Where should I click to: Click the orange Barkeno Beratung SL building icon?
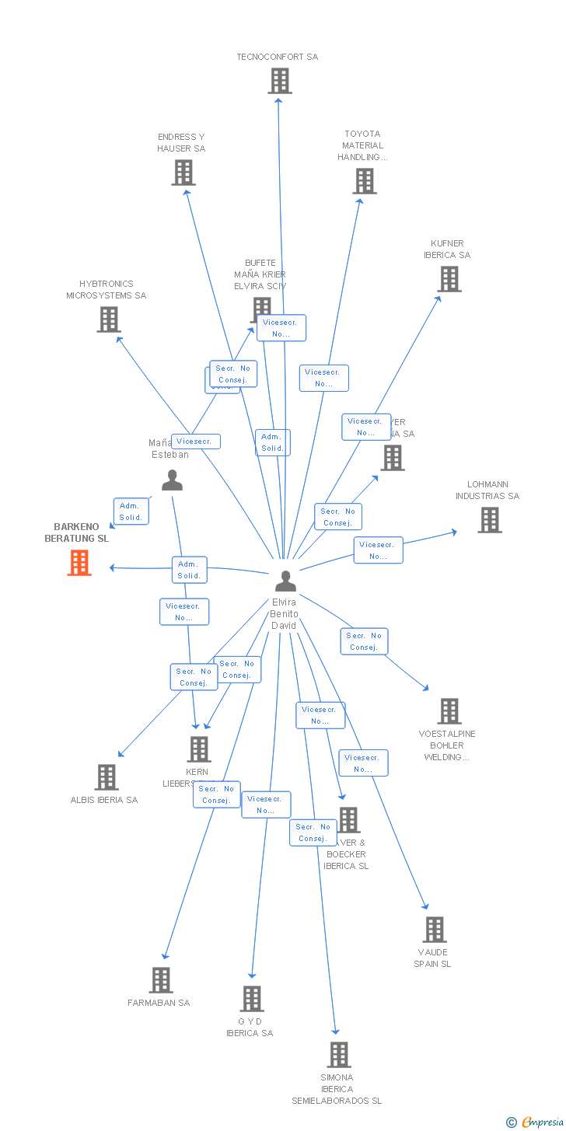pyautogui.click(x=79, y=563)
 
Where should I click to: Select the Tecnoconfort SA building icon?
pyautogui.click(x=280, y=81)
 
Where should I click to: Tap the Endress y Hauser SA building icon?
pyautogui.click(x=183, y=173)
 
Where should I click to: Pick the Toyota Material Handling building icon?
pyautogui.click(x=365, y=181)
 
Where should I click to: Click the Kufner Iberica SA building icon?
pyautogui.click(x=449, y=279)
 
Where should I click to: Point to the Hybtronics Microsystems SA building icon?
pyautogui.click(x=109, y=319)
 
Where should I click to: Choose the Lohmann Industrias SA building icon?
pyautogui.click(x=490, y=520)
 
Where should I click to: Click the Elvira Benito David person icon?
pyautogui.click(x=286, y=581)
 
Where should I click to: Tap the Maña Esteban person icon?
pyautogui.click(x=172, y=480)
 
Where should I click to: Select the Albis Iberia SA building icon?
pyautogui.click(x=107, y=777)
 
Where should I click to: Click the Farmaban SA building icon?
pyautogui.click(x=161, y=980)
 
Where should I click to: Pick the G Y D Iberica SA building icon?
pyautogui.click(x=252, y=999)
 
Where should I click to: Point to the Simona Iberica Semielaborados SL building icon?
pyautogui.click(x=339, y=1055)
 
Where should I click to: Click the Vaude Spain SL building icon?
pyautogui.click(x=435, y=930)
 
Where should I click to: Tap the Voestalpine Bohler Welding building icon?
pyautogui.click(x=449, y=711)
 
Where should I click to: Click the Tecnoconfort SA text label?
pyautogui.click(x=278, y=57)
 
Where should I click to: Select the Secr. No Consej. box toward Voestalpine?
pyautogui.click(x=364, y=641)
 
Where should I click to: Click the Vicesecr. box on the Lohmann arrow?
pyautogui.click(x=378, y=550)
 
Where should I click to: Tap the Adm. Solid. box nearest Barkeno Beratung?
pyautogui.click(x=131, y=511)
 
